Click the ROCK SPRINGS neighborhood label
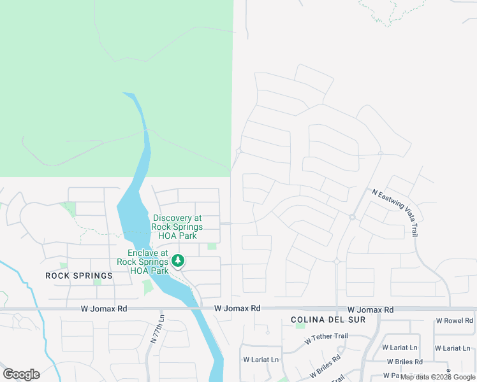pos(79,276)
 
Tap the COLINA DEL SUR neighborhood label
pos(328,319)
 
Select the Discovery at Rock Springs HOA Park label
pos(177,227)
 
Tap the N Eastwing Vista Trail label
pos(396,212)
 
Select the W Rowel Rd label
pos(454,321)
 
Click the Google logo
pos(21,374)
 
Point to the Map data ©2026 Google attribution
pos(438,377)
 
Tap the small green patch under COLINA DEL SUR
pos(300,326)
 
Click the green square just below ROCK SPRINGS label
pos(97,282)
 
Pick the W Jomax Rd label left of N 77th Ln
pos(104,308)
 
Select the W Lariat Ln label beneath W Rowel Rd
pos(453,348)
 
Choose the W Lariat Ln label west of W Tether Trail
pos(261,360)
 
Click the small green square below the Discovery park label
pos(212,246)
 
